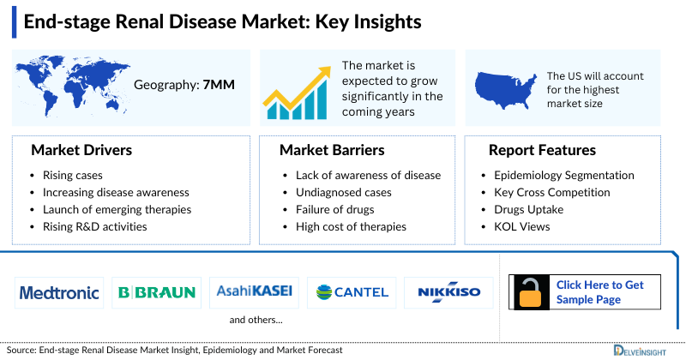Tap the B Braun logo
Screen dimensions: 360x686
pyautogui.click(x=156, y=292)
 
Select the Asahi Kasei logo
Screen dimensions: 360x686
pyautogui.click(x=255, y=292)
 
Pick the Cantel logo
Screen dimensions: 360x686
pyautogui.click(x=352, y=292)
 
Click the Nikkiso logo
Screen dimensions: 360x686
pyautogui.click(x=448, y=292)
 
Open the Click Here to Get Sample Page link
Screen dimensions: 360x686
pyautogui.click(x=599, y=291)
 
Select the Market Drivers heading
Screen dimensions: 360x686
pyautogui.click(x=81, y=151)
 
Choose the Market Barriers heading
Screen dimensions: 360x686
pyautogui.click(x=332, y=151)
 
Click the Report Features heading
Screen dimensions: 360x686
pyautogui.click(x=542, y=151)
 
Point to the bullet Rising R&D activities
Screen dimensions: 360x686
pyautogui.click(x=94, y=226)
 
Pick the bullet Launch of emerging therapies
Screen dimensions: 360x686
pyautogui.click(x=117, y=209)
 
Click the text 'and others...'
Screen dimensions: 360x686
pyautogui.click(x=256, y=320)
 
